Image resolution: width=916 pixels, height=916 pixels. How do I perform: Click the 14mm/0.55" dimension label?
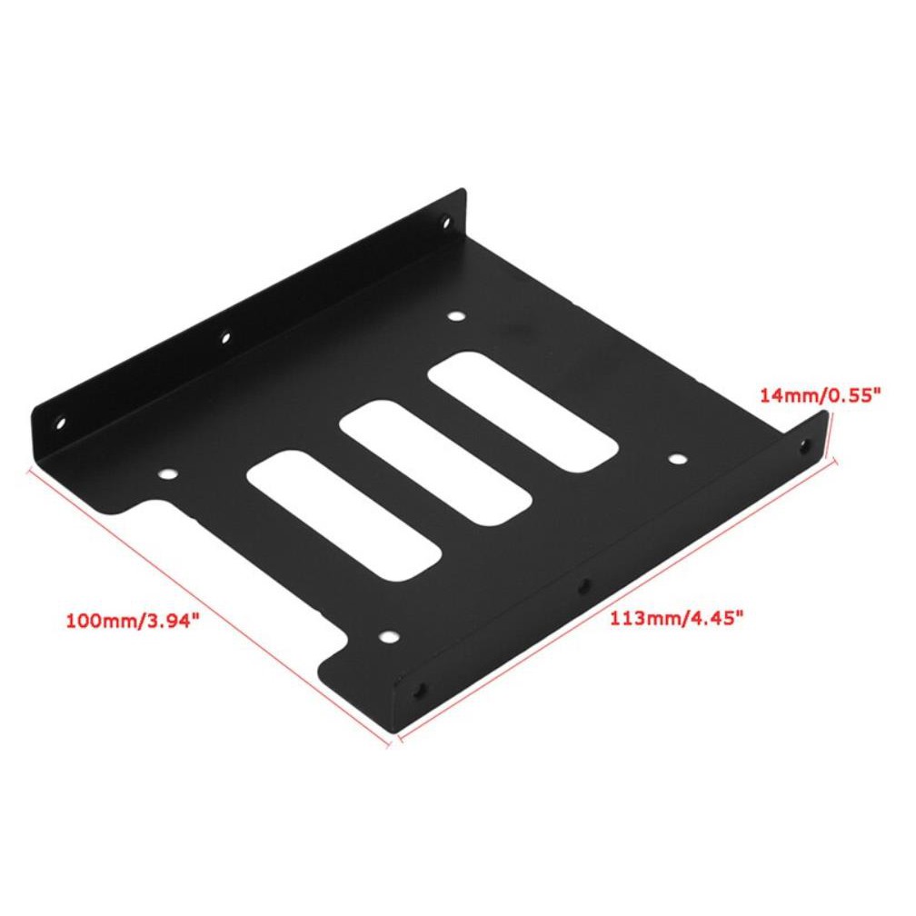(x=819, y=395)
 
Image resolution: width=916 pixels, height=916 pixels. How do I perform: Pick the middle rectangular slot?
(x=435, y=461)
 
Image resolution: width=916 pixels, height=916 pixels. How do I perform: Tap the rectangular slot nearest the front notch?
(x=343, y=515)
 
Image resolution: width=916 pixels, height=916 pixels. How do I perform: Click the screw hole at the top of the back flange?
(x=447, y=222)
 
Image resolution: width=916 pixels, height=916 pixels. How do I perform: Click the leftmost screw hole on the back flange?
(x=60, y=422)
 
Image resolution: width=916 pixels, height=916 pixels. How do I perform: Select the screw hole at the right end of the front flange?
(x=805, y=445)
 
